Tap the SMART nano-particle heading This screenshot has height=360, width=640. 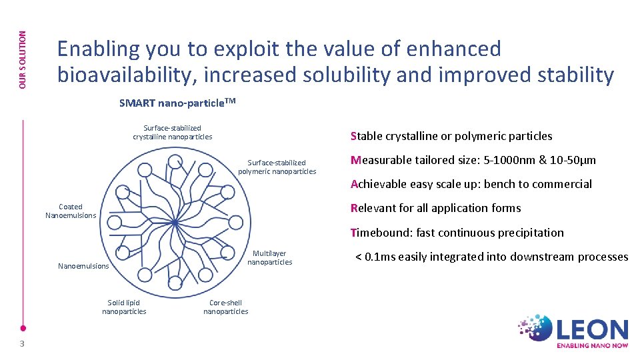point(177,103)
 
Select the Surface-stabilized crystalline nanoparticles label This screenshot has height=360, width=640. point(172,132)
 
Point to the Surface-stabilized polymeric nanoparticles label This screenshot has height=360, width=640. point(277,167)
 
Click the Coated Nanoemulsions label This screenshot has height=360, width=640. point(71,211)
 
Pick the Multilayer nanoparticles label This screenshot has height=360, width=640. point(269,257)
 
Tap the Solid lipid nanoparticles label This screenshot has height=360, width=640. point(124,307)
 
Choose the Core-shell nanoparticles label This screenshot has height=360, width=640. point(225,307)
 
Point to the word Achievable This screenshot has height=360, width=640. point(379,184)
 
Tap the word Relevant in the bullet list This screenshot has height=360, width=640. point(373,208)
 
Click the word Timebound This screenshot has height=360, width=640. point(379,233)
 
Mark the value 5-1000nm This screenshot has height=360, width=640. point(513,160)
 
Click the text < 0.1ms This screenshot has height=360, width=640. point(370,257)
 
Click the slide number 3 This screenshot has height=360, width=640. point(22,343)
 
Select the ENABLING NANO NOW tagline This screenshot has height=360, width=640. point(592,345)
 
